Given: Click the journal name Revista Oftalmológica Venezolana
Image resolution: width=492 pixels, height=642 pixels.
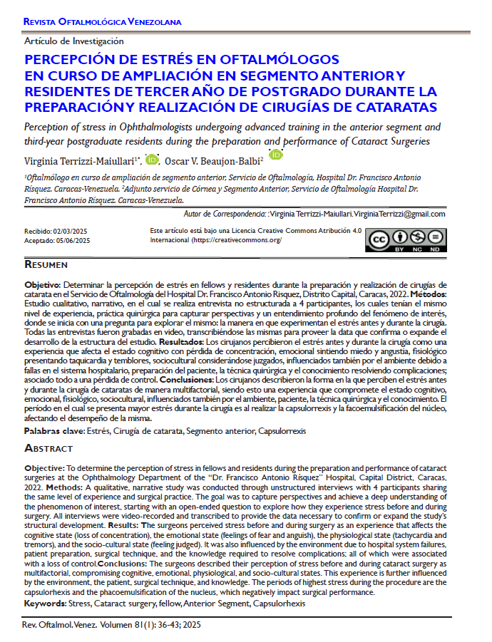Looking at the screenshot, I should coord(103,23).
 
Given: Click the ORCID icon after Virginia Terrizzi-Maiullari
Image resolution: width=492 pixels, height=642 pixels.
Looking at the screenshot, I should coord(152,159).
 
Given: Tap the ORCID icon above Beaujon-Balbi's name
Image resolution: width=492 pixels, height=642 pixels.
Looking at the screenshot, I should coord(276,154).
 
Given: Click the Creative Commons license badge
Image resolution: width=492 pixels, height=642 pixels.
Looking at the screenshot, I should coord(406,241).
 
